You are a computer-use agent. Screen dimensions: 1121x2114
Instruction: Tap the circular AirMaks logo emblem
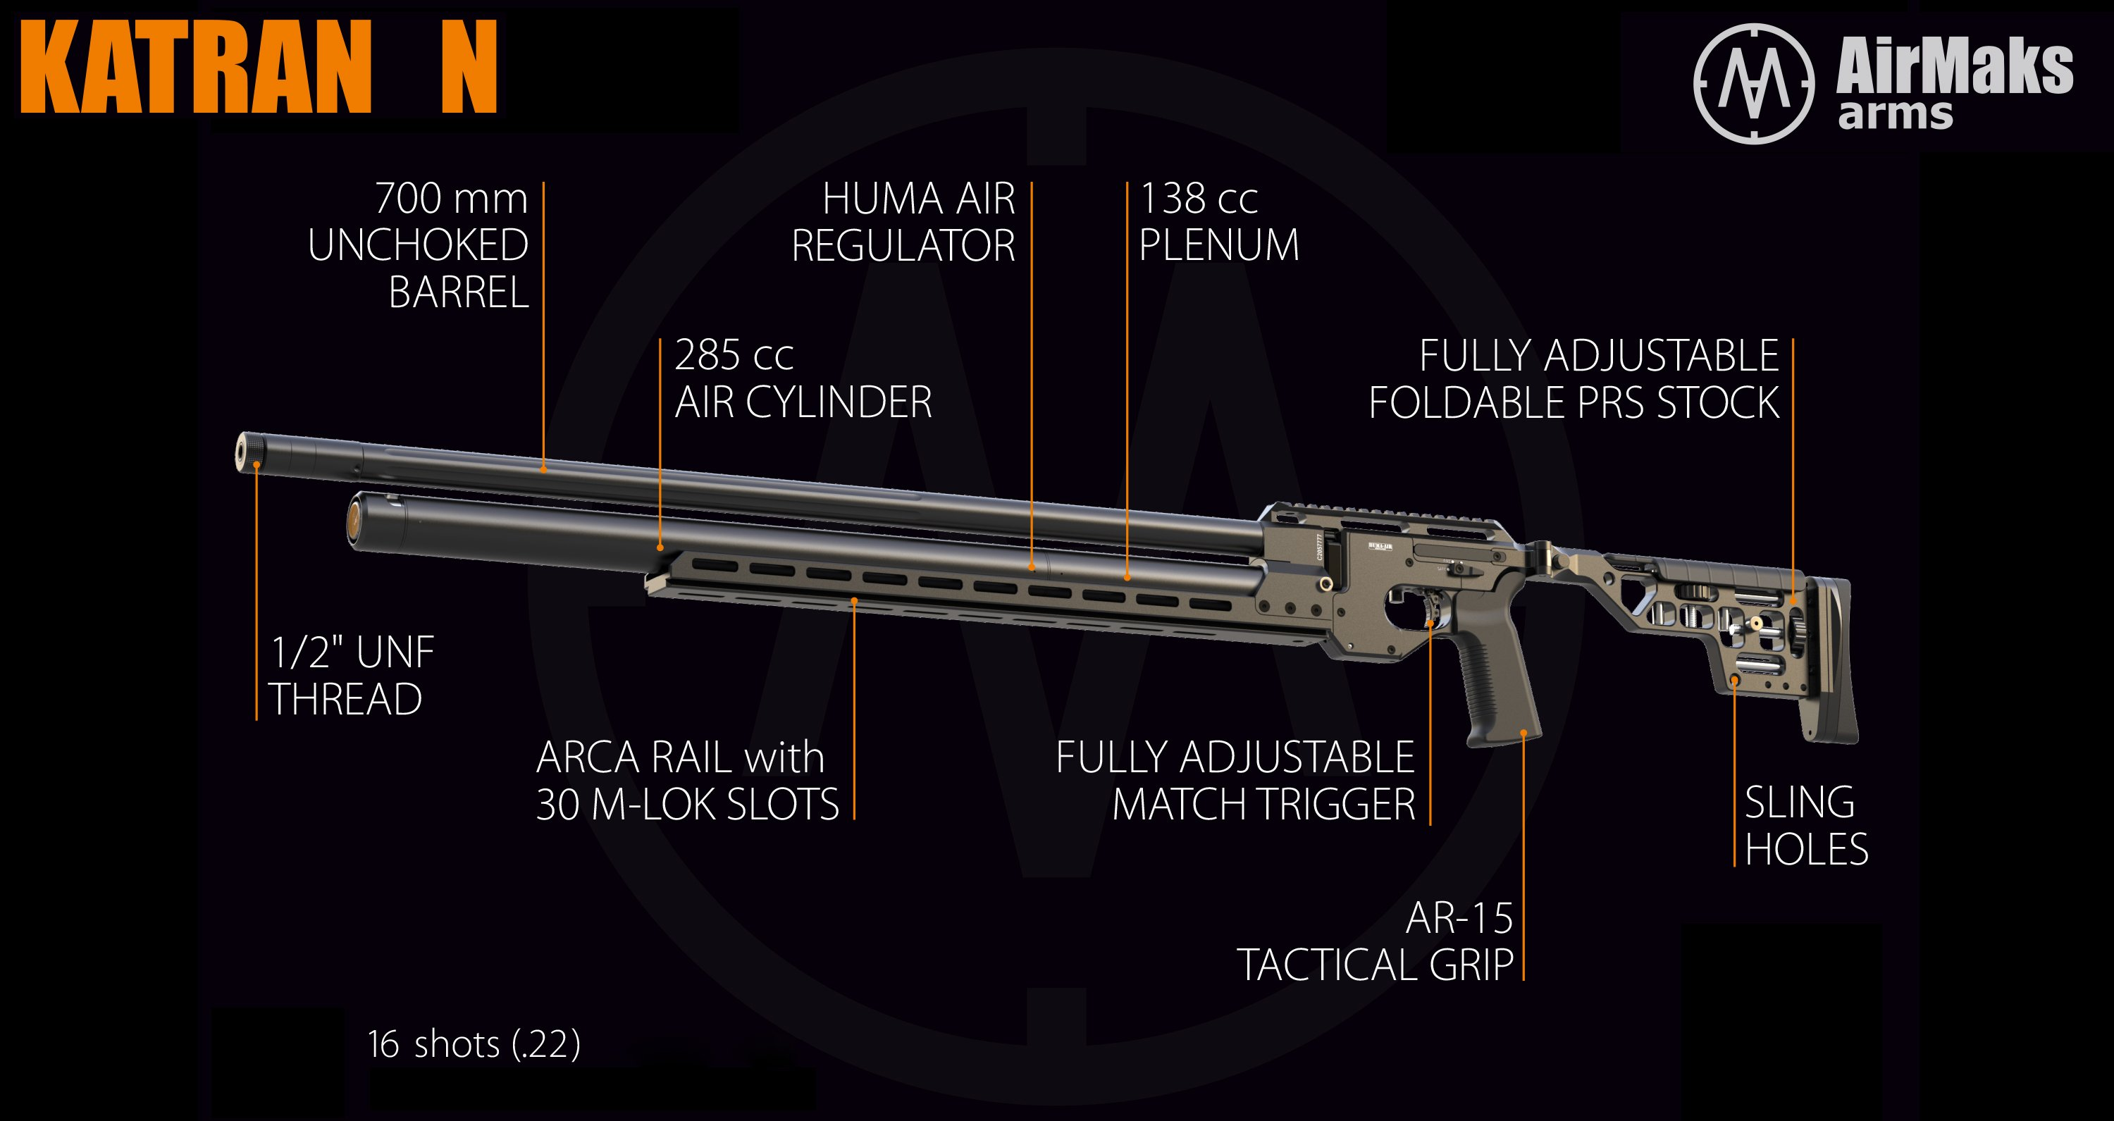[1754, 84]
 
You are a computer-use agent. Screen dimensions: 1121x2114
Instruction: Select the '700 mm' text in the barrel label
[450, 199]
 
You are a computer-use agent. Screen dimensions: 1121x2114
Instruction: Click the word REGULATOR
[903, 246]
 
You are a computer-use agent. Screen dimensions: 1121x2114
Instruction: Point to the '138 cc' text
[1198, 199]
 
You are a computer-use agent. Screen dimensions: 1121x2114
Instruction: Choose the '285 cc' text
[734, 355]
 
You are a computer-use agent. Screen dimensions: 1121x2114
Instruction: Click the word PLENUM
[1218, 245]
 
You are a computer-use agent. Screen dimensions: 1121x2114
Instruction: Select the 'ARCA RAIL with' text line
[679, 757]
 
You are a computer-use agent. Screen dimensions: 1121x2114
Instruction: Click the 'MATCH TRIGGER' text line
[1263, 804]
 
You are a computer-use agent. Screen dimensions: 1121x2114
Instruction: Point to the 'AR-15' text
[1459, 917]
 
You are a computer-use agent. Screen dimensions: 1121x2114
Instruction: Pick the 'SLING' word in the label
[1799, 803]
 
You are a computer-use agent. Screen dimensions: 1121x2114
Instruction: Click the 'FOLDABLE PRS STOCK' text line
[1574, 403]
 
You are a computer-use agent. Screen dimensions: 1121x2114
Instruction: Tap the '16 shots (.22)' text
[474, 1045]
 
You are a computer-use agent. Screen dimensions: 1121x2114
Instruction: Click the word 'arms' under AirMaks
[1895, 115]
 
